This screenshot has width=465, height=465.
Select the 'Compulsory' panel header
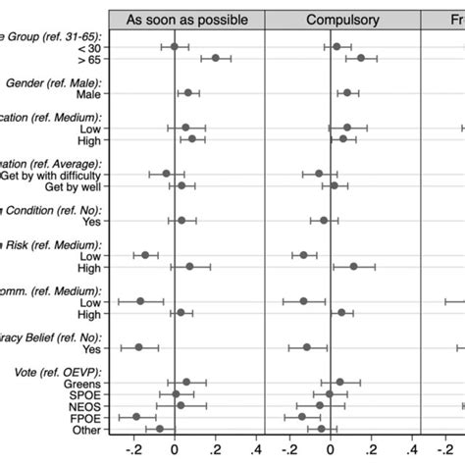[344, 19]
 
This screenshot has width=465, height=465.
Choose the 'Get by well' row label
[77, 185]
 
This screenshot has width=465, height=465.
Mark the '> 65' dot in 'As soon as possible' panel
[216, 59]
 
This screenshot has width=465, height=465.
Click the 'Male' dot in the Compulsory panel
[347, 93]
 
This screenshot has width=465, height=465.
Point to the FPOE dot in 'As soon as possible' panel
[136, 417]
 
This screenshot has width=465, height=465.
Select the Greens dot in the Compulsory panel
[340, 383]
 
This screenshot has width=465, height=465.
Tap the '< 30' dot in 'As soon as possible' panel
[175, 46]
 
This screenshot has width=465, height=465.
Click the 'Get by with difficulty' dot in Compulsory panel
[319, 174]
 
